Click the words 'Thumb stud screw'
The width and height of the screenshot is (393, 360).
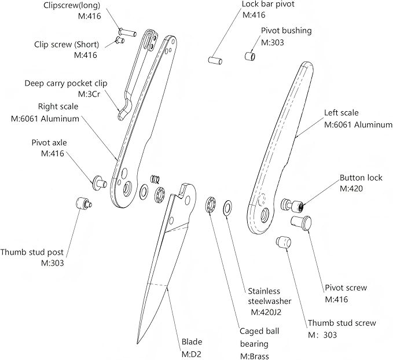tap(341, 323)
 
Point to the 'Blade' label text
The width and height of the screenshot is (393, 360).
tap(192, 342)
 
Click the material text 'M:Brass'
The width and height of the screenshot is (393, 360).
tap(255, 356)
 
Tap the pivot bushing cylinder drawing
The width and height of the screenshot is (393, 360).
tap(250, 56)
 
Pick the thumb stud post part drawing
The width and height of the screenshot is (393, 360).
tap(82, 204)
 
